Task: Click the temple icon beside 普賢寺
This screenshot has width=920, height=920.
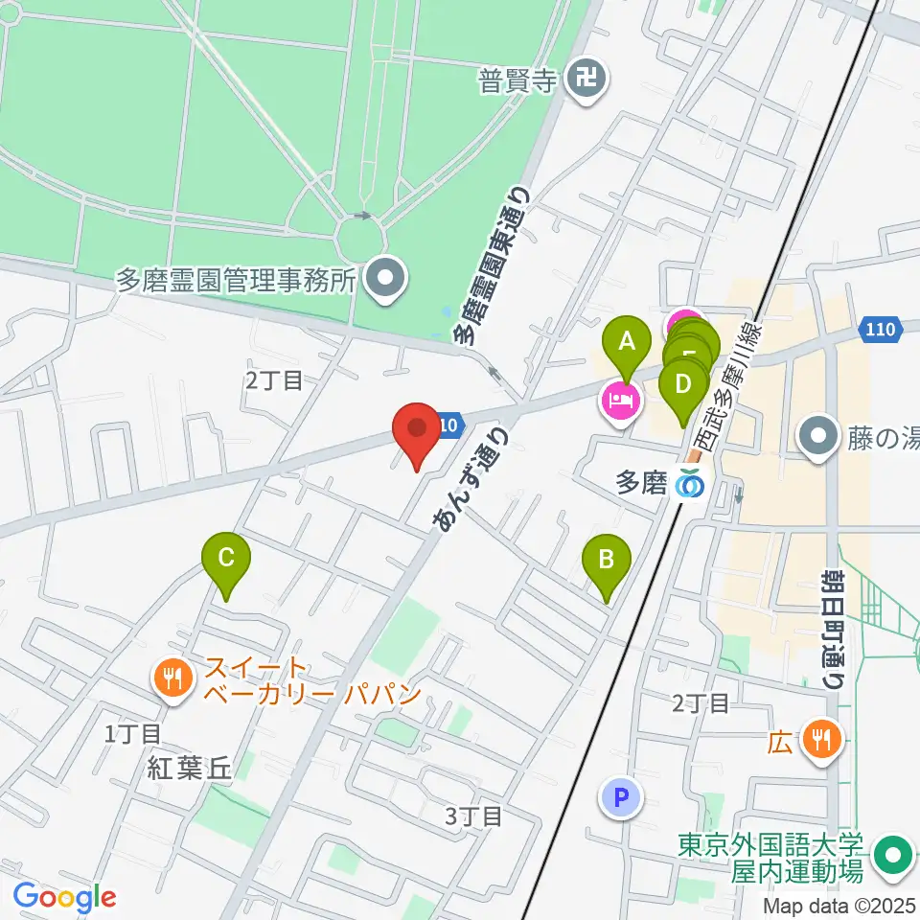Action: pyautogui.click(x=584, y=78)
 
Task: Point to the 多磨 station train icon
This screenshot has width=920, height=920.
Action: pyautogui.click(x=688, y=485)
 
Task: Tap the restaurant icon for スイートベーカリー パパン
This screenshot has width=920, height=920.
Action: pyautogui.click(x=172, y=679)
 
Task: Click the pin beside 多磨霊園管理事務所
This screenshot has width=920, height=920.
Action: pyautogui.click(x=387, y=279)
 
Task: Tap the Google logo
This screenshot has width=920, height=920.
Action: pyautogui.click(x=64, y=897)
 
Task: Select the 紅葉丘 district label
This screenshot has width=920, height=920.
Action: pyautogui.click(x=190, y=768)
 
